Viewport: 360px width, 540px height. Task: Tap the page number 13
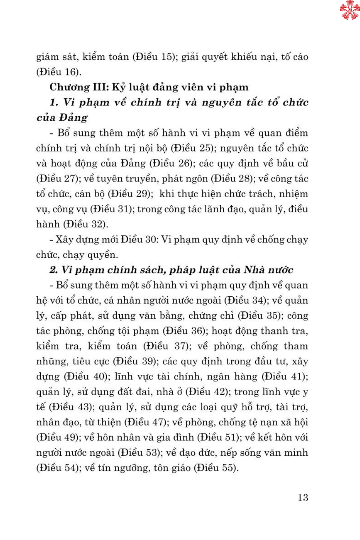tap(303, 498)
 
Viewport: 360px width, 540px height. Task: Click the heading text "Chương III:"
tap(79, 87)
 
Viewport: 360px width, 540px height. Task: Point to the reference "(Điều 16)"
tap(58, 72)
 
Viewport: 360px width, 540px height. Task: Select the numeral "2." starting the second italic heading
tap(54, 270)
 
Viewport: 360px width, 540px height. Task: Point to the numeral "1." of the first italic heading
tap(54, 103)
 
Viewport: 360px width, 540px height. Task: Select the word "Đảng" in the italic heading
tap(73, 118)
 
